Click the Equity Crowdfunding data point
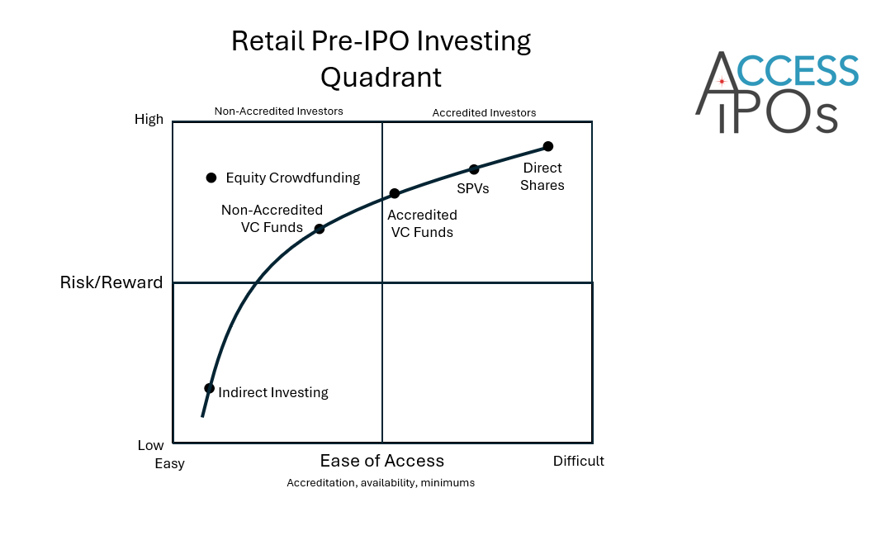point(211,178)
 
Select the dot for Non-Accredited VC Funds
point(320,229)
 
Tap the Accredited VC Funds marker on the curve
point(395,193)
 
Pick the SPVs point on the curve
point(474,169)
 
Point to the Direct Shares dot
point(548,146)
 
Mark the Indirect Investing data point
point(210,388)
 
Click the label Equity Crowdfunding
point(293,178)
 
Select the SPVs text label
point(473,188)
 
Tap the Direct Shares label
point(542,177)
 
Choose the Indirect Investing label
point(273,392)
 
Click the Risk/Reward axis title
point(111,282)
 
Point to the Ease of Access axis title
point(382,461)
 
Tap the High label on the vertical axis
point(149,119)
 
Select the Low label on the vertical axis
point(150,445)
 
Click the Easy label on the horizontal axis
point(170,464)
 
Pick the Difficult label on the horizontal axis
point(579,461)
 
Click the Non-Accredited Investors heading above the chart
point(279,111)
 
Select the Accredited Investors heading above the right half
point(485,113)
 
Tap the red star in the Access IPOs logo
point(722,82)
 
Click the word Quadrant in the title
point(381,78)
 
